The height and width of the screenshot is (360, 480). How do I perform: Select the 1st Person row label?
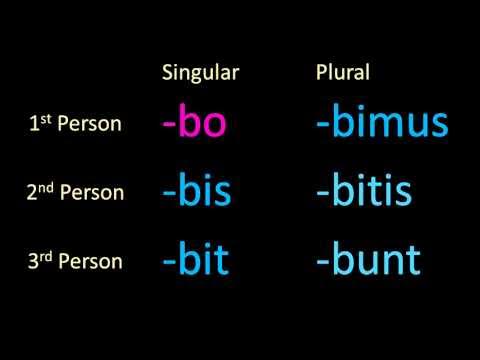(76, 125)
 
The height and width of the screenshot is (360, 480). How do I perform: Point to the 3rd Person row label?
(76, 262)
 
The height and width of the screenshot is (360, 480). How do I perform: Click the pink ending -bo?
(195, 125)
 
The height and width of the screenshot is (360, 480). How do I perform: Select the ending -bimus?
(381, 125)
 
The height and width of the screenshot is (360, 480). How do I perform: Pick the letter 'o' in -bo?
(214, 129)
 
